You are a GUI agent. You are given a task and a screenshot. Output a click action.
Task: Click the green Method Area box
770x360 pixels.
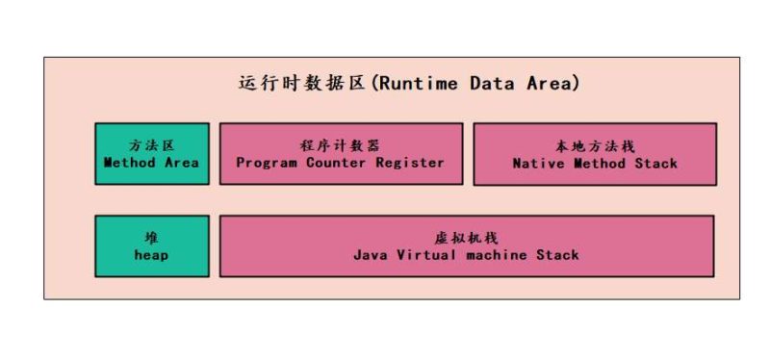click(151, 153)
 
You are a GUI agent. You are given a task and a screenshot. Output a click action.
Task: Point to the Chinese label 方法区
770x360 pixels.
click(151, 145)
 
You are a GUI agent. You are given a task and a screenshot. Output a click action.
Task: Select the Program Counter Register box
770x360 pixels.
click(341, 153)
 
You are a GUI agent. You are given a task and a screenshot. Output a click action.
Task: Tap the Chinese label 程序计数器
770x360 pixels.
click(341, 145)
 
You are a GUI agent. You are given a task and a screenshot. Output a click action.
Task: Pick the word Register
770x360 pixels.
click(412, 163)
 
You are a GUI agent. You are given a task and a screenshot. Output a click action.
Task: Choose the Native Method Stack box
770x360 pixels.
click(595, 153)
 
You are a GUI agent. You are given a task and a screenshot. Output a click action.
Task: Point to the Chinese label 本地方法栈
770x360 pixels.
click(595, 145)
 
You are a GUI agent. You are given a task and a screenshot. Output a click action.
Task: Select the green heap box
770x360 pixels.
click(151, 245)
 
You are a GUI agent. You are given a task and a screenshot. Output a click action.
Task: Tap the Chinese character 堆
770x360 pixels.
click(151, 238)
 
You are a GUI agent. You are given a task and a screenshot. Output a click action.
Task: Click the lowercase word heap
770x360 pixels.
click(151, 255)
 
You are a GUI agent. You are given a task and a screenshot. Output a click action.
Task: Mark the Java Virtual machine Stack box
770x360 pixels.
click(467, 245)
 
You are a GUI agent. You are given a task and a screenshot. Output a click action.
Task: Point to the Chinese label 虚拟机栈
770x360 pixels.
click(467, 238)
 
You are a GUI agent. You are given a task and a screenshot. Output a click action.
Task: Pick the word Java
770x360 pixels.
click(370, 255)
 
